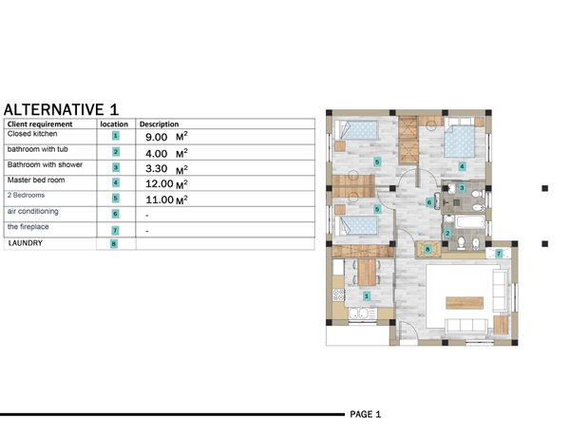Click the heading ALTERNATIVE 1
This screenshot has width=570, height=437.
[x=61, y=109]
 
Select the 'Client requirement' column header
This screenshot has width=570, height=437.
[x=40, y=123]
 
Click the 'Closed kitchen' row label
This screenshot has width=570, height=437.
[x=32, y=134]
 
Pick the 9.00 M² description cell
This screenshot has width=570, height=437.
[x=166, y=137]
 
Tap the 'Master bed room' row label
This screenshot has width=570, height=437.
[x=36, y=180]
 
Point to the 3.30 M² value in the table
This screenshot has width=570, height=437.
[x=166, y=169]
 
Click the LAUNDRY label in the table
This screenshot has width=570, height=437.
[x=26, y=243]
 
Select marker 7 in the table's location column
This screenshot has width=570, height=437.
[x=115, y=231]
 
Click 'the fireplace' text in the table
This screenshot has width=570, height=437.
[x=28, y=227]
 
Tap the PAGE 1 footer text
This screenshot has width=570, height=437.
[x=366, y=414]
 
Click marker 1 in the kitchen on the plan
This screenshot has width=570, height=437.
[x=367, y=296]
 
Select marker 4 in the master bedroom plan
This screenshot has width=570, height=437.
[x=462, y=166]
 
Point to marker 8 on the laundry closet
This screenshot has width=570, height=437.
[x=427, y=250]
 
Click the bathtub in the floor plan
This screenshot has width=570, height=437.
[x=469, y=221]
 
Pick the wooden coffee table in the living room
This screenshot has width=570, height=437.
[x=465, y=303]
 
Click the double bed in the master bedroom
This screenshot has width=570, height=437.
[x=460, y=138]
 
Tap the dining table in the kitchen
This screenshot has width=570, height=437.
[x=367, y=272]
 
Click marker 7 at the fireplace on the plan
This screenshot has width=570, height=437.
[x=499, y=254]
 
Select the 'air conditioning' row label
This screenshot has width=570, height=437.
[x=32, y=211]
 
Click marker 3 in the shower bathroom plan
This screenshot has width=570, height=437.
[x=462, y=187]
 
